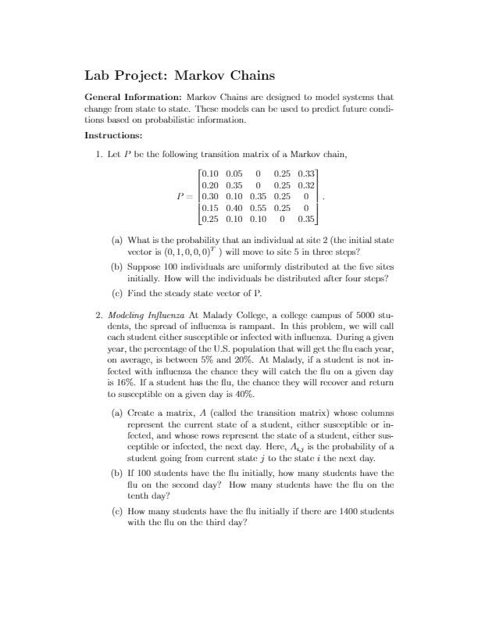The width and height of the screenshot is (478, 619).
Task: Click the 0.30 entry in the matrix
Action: (211, 197)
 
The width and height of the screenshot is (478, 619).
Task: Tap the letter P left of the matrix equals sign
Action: (180, 197)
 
